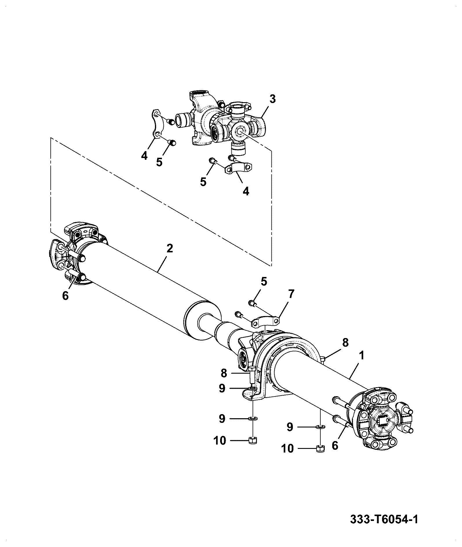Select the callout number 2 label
pyautogui.click(x=170, y=248)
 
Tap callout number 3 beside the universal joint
pyautogui.click(x=273, y=99)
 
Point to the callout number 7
pyautogui.click(x=291, y=294)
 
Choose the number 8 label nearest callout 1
pyautogui.click(x=345, y=343)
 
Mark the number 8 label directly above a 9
pyautogui.click(x=224, y=373)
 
